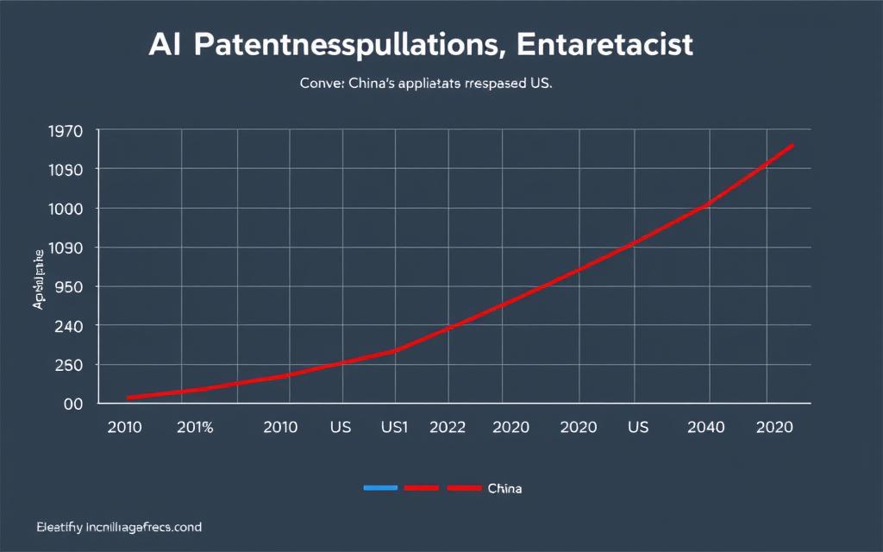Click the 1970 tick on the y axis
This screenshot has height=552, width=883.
pos(66,131)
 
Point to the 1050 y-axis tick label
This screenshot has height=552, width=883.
pos(66,170)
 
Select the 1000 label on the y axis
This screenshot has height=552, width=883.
pos(66,209)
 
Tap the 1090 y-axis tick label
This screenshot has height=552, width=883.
pos(66,248)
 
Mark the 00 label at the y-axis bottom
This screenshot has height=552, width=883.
pos(72,404)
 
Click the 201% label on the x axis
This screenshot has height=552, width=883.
pos(195,427)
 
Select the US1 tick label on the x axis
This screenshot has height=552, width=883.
pos(394,427)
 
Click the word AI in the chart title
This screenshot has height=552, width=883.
pos(166,46)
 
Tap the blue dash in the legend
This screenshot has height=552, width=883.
pos(380,488)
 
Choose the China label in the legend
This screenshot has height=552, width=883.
pos(504,488)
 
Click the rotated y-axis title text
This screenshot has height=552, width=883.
pos(39,280)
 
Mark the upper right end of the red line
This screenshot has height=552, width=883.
pos(792,145)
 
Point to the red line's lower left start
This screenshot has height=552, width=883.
pos(128,398)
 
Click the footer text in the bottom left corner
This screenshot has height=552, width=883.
pos(108,526)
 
